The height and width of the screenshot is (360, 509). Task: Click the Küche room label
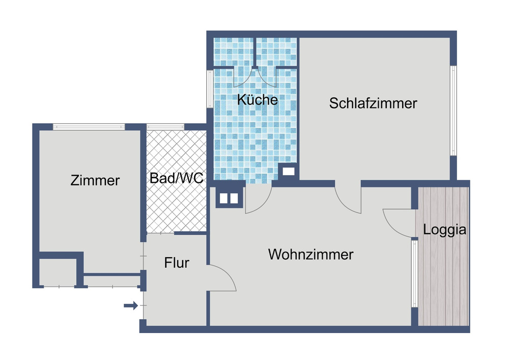(x=258, y=99)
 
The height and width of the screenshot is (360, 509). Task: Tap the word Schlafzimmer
(x=373, y=103)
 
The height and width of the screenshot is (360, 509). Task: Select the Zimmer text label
(x=95, y=180)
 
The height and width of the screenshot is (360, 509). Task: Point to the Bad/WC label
(x=177, y=178)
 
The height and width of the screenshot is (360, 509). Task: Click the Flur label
(x=177, y=263)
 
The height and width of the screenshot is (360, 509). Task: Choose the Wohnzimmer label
(x=311, y=254)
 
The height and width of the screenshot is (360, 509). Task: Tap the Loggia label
(x=444, y=230)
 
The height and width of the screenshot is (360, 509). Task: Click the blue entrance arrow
(x=131, y=306)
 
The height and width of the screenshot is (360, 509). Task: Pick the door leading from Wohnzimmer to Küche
(x=258, y=200)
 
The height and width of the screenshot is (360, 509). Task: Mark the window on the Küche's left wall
(x=209, y=89)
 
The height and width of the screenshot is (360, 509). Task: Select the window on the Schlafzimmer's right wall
(x=453, y=110)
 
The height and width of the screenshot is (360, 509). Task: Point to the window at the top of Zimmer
(x=89, y=127)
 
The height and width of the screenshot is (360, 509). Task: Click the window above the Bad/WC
(x=165, y=127)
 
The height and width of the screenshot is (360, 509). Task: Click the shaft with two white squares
(x=228, y=198)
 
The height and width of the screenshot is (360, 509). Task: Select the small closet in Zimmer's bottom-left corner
(x=57, y=272)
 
